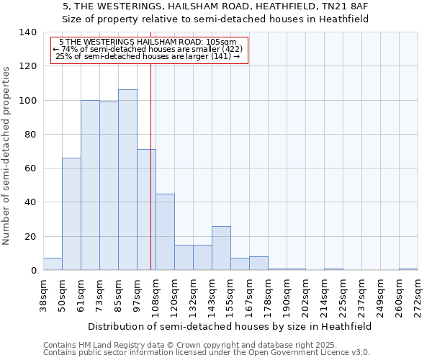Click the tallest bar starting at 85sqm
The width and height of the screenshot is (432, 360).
click(127, 180)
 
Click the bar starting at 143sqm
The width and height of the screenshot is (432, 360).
click(221, 248)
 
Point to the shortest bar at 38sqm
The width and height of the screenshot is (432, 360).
click(53, 264)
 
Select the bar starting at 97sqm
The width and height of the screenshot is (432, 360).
click(146, 210)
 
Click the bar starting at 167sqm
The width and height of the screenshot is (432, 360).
click(258, 264)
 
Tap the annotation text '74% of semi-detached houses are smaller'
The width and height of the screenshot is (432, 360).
click(150, 49)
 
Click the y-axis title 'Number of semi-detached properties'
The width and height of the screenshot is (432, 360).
click(7, 156)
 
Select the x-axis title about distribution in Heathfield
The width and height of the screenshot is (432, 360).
click(230, 326)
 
